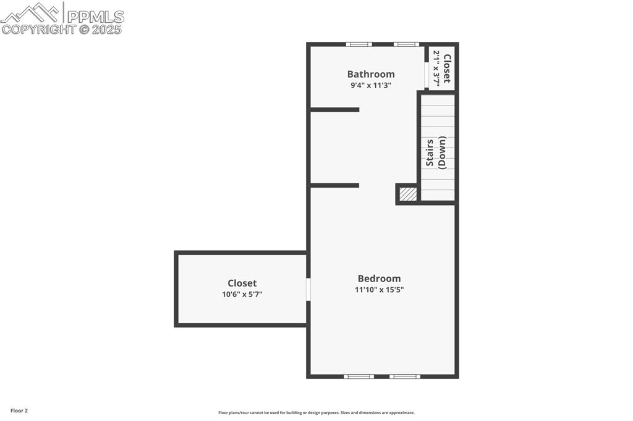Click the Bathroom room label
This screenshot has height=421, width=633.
click(x=371, y=74)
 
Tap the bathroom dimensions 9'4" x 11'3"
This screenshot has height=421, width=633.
click(x=371, y=85)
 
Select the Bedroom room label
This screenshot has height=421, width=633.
click(x=379, y=278)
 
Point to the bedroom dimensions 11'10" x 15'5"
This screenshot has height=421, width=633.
click(x=379, y=290)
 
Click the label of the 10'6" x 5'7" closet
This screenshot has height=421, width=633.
click(x=242, y=283)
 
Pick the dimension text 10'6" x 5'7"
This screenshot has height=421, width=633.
click(x=242, y=294)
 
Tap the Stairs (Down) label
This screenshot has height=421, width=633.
click(x=436, y=153)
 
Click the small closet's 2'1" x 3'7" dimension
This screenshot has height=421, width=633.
click(x=436, y=68)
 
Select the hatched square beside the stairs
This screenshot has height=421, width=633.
click(x=408, y=194)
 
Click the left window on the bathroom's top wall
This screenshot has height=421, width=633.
click(x=359, y=44)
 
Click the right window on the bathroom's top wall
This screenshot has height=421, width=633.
click(x=407, y=44)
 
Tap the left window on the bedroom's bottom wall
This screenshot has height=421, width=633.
click(x=359, y=377)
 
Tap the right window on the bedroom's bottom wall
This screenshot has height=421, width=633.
click(x=405, y=377)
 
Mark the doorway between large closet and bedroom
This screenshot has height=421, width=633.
click(x=308, y=290)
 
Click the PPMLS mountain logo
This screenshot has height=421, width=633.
click(x=32, y=13)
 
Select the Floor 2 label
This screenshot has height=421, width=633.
click(x=19, y=411)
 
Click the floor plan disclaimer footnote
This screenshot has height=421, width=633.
click(x=316, y=413)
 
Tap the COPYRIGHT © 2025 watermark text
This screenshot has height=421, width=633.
click(x=62, y=30)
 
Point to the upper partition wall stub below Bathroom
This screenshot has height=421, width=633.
click(x=334, y=110)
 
